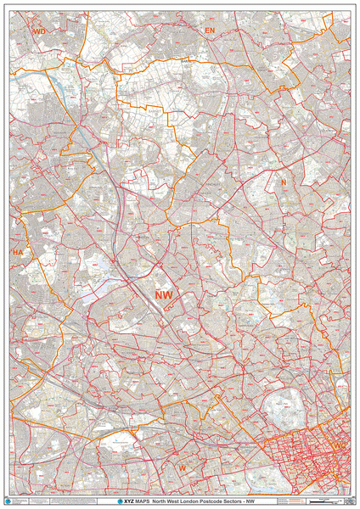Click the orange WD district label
pyautogui.click(x=38, y=31)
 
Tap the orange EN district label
pyautogui.click(x=210, y=30)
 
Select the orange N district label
pyautogui.click(x=284, y=182)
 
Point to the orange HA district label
pyautogui.click(x=18, y=253)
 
